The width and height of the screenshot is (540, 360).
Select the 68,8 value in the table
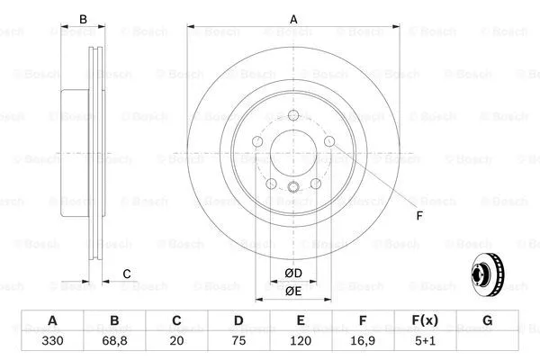114,340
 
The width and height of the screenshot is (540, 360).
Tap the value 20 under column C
176,340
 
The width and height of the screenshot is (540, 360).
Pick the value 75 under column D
238,340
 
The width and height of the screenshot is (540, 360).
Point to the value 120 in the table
301,340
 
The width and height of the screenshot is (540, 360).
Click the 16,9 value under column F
364,340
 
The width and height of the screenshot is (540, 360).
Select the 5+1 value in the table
425,340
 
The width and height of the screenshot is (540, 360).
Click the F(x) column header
425,321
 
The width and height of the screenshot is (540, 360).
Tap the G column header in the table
487,321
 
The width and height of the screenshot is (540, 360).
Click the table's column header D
238,321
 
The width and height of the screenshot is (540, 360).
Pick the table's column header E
301,321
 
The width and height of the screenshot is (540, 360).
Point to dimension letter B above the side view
84,18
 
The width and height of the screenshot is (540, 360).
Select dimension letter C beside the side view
127,274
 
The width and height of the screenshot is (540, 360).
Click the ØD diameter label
292,274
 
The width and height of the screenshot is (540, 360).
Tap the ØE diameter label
292,291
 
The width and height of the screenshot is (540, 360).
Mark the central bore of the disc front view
293,150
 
